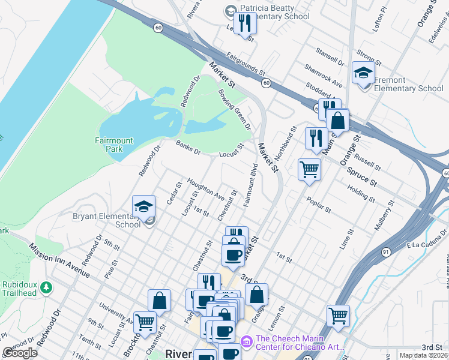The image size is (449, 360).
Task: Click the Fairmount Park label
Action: [x=113, y=144]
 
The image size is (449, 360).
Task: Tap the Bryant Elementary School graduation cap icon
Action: [x=144, y=207]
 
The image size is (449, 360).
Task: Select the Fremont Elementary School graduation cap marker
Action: [x=363, y=73]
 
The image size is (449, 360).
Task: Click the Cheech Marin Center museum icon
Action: [x=246, y=341]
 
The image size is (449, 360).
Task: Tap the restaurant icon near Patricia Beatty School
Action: [x=245, y=23]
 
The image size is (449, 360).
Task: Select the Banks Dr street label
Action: [x=188, y=148]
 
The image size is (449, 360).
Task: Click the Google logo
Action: [x=20, y=352]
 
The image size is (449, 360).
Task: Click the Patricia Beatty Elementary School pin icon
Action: [x=231, y=11]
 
